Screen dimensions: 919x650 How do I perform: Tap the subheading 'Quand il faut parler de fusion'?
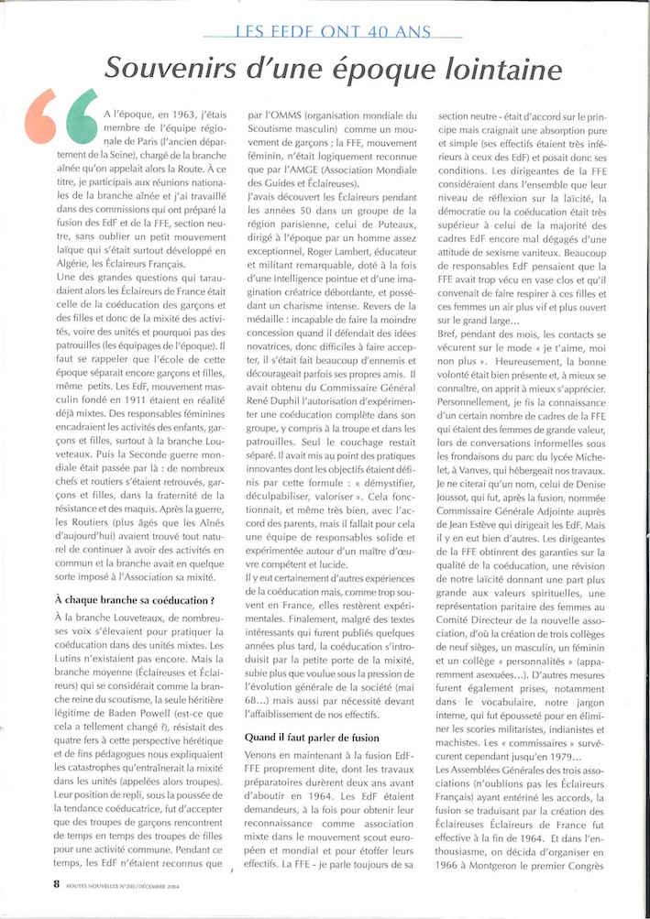tap(313, 738)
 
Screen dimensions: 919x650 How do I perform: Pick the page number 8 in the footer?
tap(30, 884)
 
